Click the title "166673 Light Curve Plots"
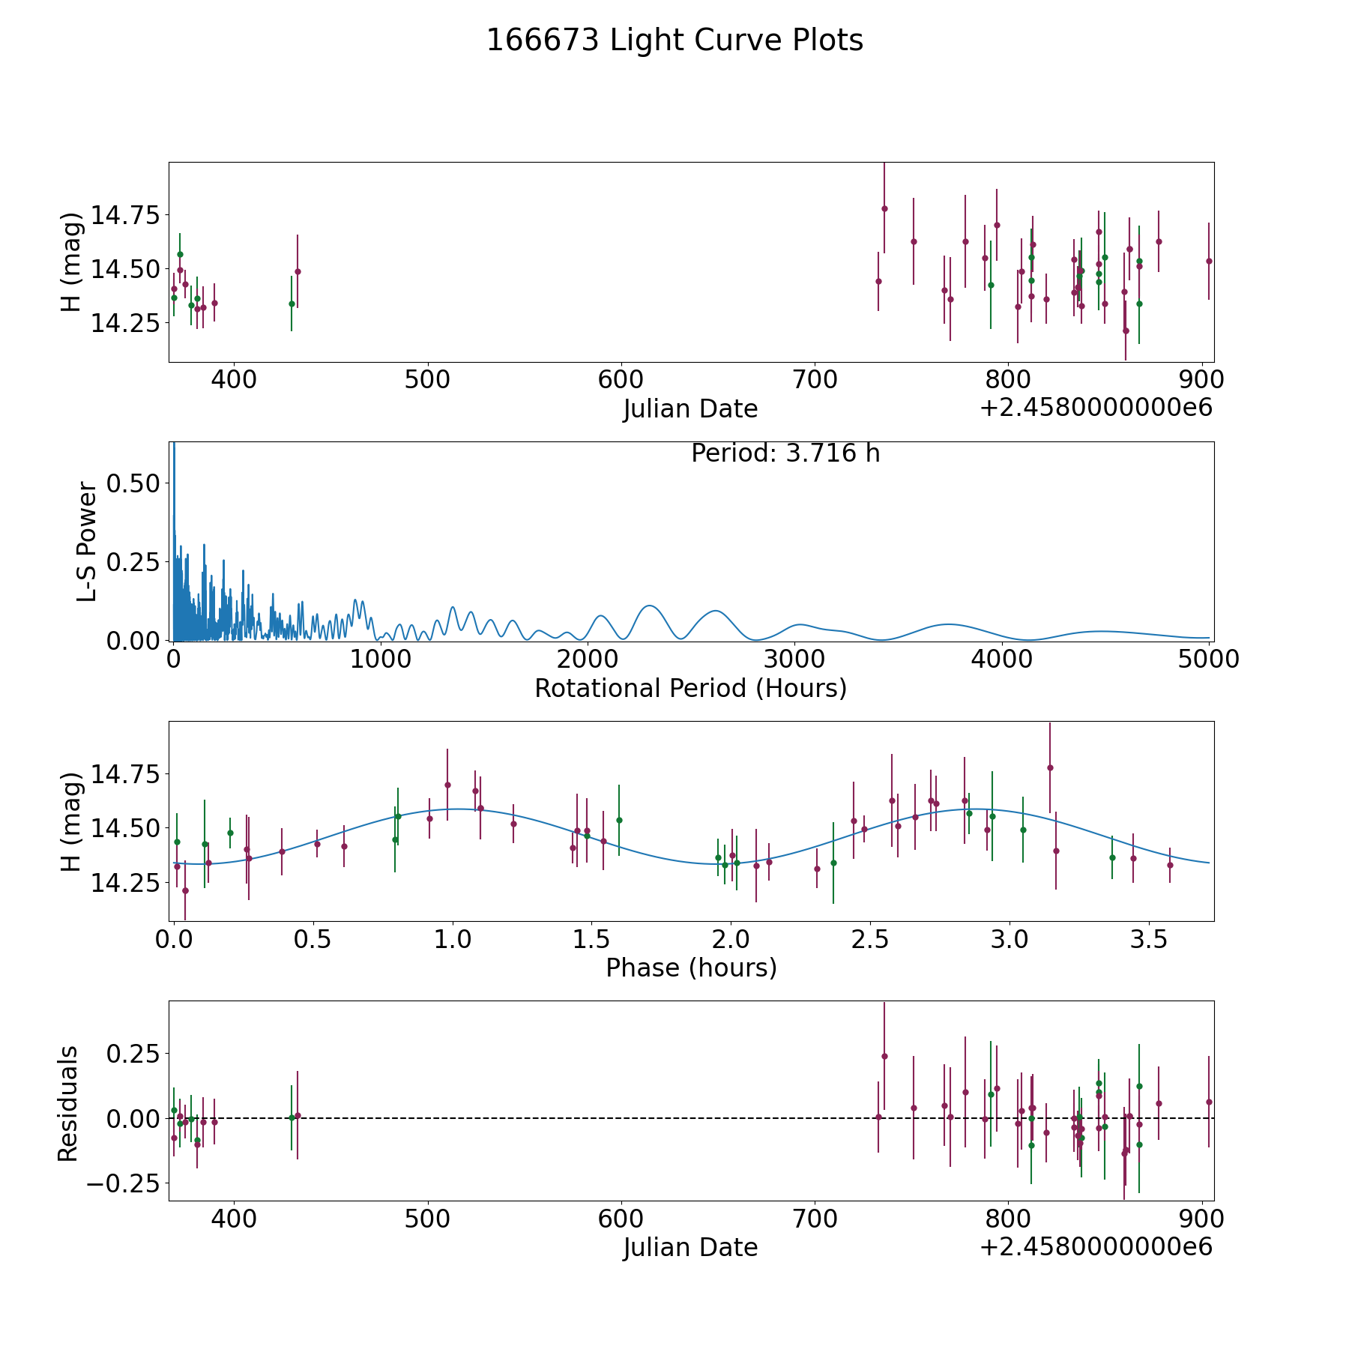click(674, 40)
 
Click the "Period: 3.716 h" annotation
click(785, 453)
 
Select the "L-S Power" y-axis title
click(88, 542)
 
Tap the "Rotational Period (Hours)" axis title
click(690, 688)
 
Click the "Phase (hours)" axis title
click(691, 968)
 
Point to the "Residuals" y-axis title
click(68, 1103)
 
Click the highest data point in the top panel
click(884, 208)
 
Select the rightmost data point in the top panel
click(1209, 261)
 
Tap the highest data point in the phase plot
click(1050, 767)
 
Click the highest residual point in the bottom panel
click(884, 1056)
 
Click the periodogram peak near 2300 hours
click(649, 606)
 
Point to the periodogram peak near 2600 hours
click(716, 611)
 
